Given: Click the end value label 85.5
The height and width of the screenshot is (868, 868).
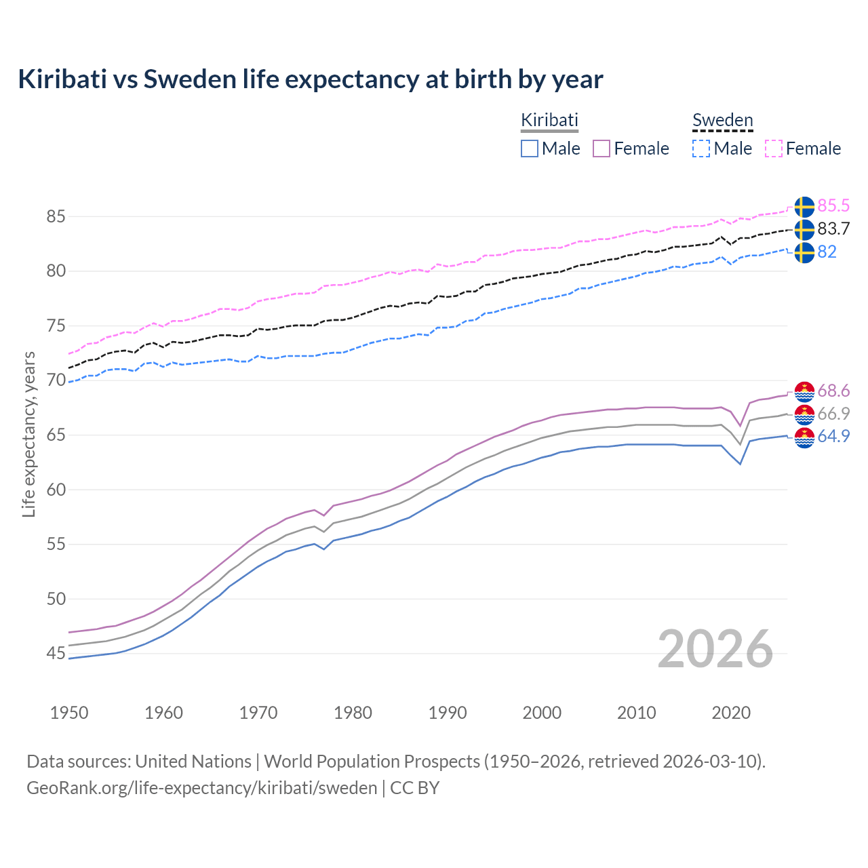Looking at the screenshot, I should coord(833,206).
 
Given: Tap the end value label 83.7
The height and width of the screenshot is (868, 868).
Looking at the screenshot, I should coord(833,229).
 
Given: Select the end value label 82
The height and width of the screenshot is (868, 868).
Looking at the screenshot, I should coord(827,252).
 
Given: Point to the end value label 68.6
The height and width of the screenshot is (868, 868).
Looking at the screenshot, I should coord(833,391).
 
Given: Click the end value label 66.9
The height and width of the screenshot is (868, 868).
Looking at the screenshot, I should coord(833,414).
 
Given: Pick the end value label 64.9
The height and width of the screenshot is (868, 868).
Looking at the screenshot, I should coord(833,437).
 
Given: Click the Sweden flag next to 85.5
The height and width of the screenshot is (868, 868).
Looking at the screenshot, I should coord(804,207).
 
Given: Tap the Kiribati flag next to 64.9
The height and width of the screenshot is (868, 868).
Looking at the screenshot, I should coord(804,438).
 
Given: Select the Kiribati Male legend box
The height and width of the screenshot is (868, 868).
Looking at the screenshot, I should coord(530,149).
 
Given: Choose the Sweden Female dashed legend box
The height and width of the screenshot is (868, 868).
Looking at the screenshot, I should coord(774,149).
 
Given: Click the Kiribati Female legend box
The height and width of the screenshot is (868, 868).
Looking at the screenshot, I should coord(601,149).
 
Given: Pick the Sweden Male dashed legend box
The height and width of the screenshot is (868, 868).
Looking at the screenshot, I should coord(701,149).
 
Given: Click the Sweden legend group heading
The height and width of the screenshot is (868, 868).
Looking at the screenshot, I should coord(722,121).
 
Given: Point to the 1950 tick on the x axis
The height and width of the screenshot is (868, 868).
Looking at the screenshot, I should coord(69,713).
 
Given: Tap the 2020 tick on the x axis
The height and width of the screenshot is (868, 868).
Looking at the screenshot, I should coord(731,713).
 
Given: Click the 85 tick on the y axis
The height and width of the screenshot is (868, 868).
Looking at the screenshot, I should coord(56,217).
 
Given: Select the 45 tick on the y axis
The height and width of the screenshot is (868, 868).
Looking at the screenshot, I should coord(56,654).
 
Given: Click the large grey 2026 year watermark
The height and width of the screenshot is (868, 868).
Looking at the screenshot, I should coord(715,649).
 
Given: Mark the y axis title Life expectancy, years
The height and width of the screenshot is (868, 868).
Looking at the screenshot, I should coord(29,434).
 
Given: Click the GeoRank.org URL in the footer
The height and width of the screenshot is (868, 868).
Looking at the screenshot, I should coord(201,788).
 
